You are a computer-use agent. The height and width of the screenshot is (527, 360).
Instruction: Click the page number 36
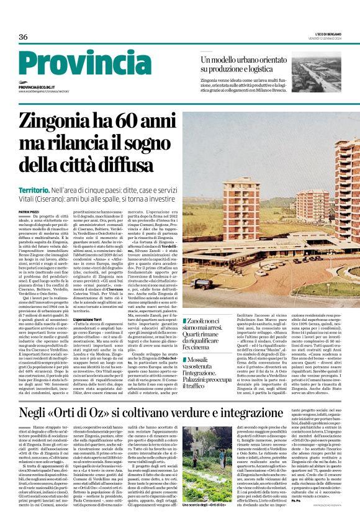pos(23,37)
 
